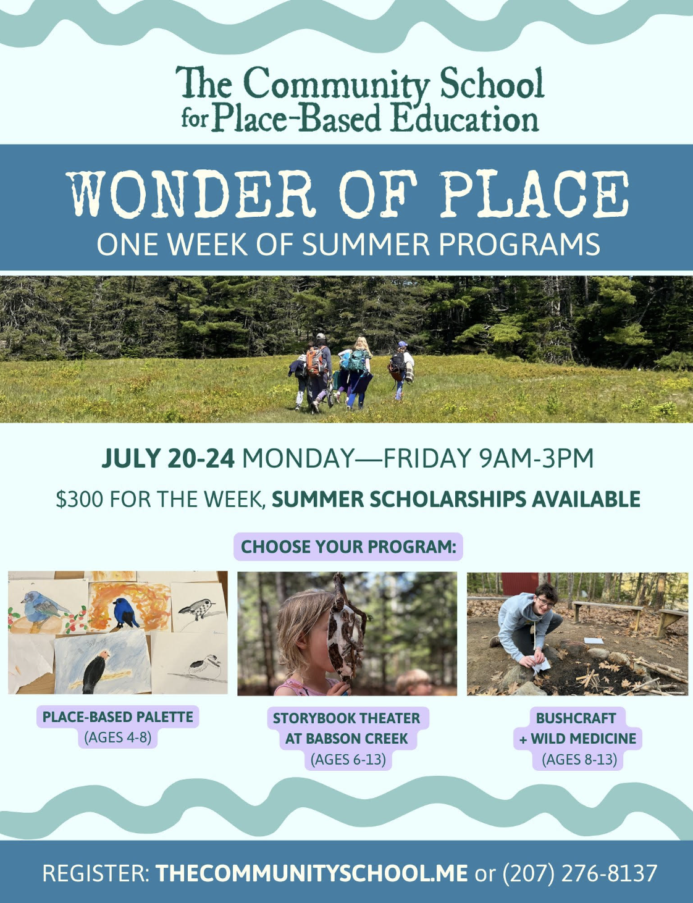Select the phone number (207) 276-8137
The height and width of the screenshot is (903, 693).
click(x=580, y=873)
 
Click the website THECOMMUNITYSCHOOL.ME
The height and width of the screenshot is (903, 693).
click(x=311, y=873)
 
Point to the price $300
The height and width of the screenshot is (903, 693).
click(x=79, y=499)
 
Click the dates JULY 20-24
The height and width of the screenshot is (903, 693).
click(x=168, y=458)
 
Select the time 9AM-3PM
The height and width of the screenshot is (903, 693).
click(x=536, y=458)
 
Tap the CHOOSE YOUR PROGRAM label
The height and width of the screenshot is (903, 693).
click(x=348, y=547)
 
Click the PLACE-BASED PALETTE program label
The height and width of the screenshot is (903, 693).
click(x=118, y=717)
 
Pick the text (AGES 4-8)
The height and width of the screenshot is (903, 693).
click(x=118, y=737)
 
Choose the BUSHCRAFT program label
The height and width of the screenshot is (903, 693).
click(x=576, y=718)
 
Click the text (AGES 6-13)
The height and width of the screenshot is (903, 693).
click(x=348, y=759)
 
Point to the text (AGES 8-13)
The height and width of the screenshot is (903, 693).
click(x=579, y=759)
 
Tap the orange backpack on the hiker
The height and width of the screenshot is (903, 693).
click(x=316, y=361)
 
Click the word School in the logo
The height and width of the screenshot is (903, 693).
click(x=491, y=83)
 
